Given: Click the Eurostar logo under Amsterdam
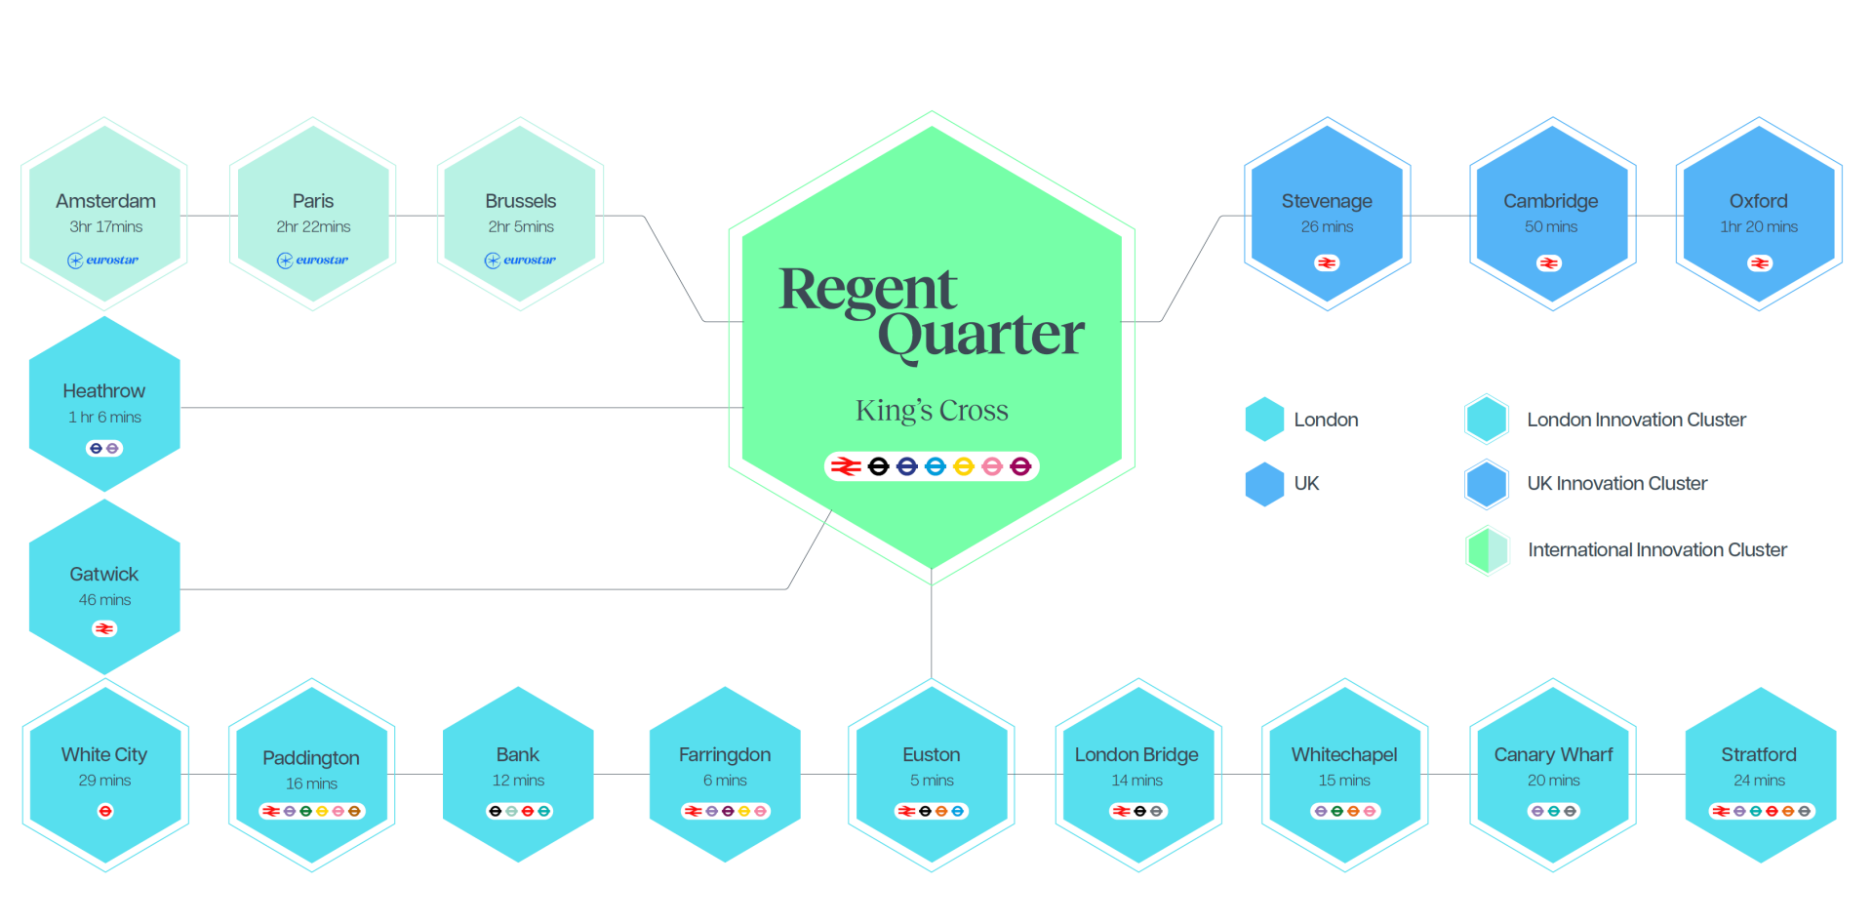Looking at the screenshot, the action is tap(102, 261).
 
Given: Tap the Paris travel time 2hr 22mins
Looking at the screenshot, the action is tap(313, 227).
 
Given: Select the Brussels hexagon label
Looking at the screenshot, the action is tap(521, 201).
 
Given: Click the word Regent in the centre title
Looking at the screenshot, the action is tap(867, 291).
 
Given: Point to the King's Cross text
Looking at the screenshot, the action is tap(932, 411).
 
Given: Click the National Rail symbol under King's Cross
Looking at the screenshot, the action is tap(846, 466).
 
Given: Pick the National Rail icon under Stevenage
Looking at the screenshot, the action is tap(1327, 263).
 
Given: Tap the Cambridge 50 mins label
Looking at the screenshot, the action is tap(1551, 227).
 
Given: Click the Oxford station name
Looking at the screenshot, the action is tap(1759, 201).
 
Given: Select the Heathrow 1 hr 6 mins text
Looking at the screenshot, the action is tap(104, 418).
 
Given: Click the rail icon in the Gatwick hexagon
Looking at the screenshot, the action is tap(104, 629).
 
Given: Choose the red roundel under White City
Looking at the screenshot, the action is tap(105, 812).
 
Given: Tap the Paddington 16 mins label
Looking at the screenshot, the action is tap(311, 783).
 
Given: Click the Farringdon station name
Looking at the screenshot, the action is tap(725, 755).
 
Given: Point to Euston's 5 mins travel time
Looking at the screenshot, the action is tap(932, 781).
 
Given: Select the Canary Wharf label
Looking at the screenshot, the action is tap(1553, 755).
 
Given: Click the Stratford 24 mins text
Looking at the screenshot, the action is tap(1759, 781).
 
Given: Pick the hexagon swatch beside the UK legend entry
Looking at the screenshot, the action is tap(1264, 484).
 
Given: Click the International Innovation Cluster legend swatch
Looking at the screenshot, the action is tap(1488, 550).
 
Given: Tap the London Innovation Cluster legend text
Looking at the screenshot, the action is tap(1636, 421).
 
